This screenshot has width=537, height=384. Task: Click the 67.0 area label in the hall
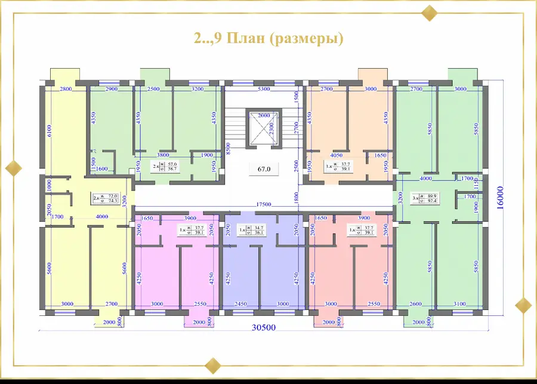pyautogui.click(x=264, y=169)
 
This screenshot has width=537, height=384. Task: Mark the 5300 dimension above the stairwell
pyautogui.click(x=263, y=89)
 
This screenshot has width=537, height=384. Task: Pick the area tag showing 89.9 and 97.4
pyautogui.click(x=424, y=198)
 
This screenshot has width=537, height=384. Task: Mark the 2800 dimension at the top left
pyautogui.click(x=66, y=89)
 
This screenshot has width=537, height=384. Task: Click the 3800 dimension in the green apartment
pyautogui.click(x=164, y=154)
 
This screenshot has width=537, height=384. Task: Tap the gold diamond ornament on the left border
pyautogui.click(x=13, y=168)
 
